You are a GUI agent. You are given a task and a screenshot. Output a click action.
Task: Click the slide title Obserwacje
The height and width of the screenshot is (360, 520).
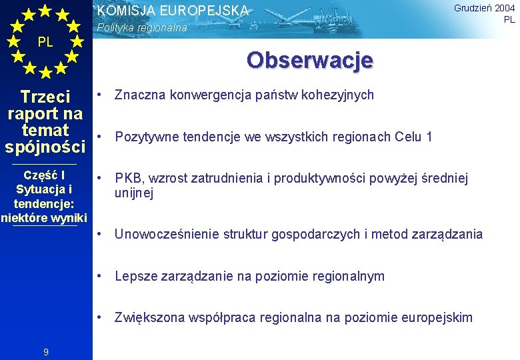(x=309, y=60)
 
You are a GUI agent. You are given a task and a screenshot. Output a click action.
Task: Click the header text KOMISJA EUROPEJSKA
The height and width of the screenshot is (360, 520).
(x=173, y=11)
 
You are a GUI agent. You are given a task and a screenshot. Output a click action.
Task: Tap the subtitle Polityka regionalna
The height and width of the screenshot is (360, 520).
(x=142, y=28)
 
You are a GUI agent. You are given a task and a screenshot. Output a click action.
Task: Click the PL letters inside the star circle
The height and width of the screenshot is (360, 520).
(x=45, y=42)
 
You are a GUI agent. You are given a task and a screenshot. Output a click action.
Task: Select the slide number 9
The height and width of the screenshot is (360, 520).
(x=45, y=352)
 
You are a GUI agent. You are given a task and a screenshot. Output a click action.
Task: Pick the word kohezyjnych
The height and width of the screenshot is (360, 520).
(x=337, y=95)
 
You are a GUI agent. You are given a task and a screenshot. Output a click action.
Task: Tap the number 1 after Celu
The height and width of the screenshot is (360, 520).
(x=429, y=137)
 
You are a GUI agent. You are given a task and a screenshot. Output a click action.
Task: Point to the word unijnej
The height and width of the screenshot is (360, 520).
(x=134, y=193)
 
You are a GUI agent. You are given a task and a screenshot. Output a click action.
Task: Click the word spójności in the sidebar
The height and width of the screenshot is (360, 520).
(x=45, y=145)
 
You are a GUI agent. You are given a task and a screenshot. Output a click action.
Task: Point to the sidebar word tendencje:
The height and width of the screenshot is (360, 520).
(x=44, y=203)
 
